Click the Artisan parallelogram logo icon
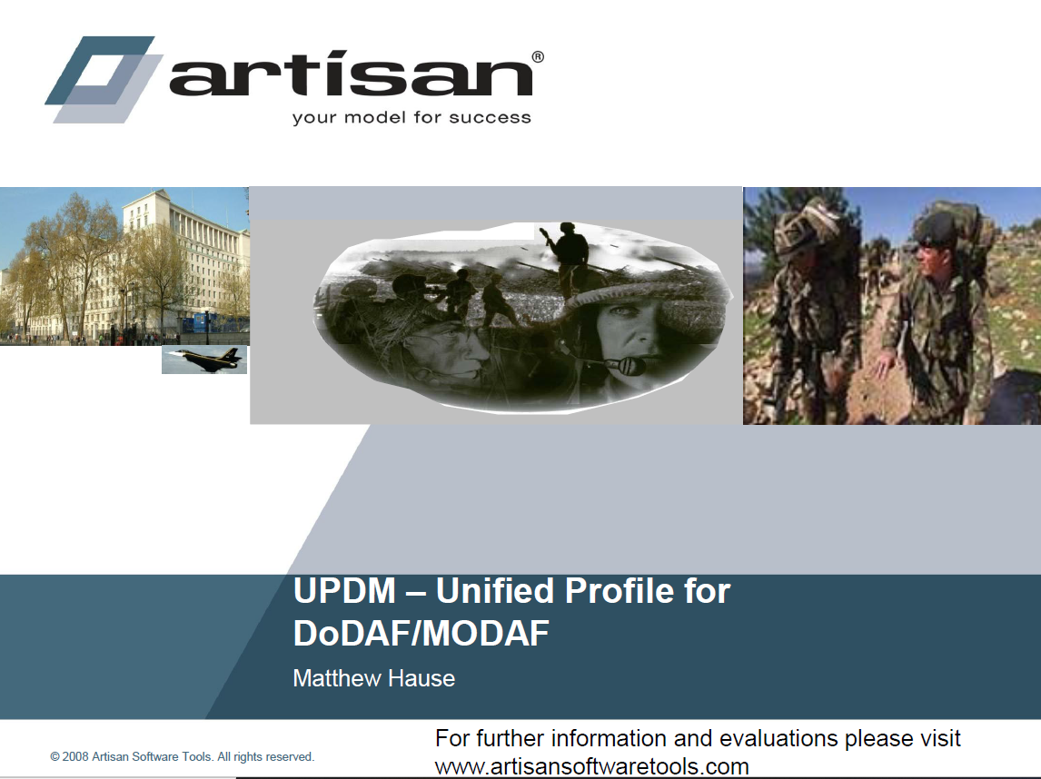point(104,79)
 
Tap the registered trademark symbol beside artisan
point(538,57)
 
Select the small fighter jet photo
point(204,359)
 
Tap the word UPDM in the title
point(344,591)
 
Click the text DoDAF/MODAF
point(421,634)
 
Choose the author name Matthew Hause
point(373,678)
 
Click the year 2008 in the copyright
point(75,756)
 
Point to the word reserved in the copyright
point(291,756)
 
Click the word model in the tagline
point(375,117)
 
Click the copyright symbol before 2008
point(55,756)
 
